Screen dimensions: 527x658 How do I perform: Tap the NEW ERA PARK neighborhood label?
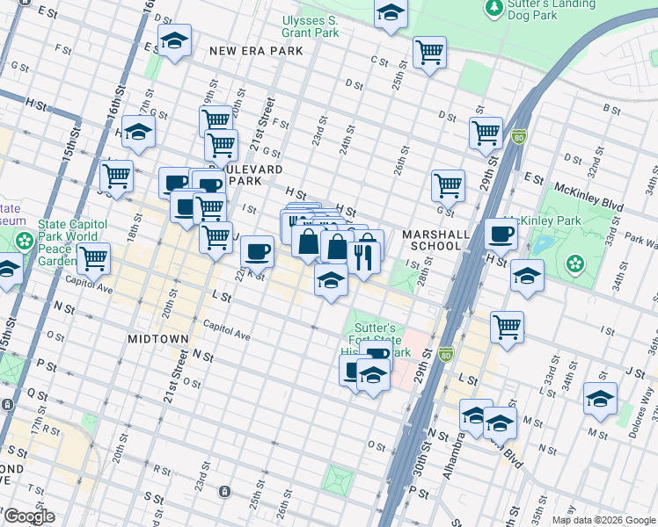point(256,51)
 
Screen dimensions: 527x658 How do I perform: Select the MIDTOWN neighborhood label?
point(158,339)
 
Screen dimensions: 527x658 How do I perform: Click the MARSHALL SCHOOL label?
point(432,241)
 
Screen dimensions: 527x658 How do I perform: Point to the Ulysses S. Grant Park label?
point(310,26)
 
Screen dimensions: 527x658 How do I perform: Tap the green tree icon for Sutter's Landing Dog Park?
point(493,8)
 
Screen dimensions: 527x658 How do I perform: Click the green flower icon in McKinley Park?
point(575,263)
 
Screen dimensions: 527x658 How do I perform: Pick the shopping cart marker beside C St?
point(429,52)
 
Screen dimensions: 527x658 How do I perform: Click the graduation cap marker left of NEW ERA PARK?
point(174,40)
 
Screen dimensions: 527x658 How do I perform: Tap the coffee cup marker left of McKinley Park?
point(501,234)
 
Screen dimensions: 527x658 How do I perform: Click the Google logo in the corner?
point(28,517)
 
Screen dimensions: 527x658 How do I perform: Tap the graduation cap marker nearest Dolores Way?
point(600,398)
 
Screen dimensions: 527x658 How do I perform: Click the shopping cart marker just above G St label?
point(448,185)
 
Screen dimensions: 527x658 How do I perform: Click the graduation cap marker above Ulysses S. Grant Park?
point(391,13)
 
